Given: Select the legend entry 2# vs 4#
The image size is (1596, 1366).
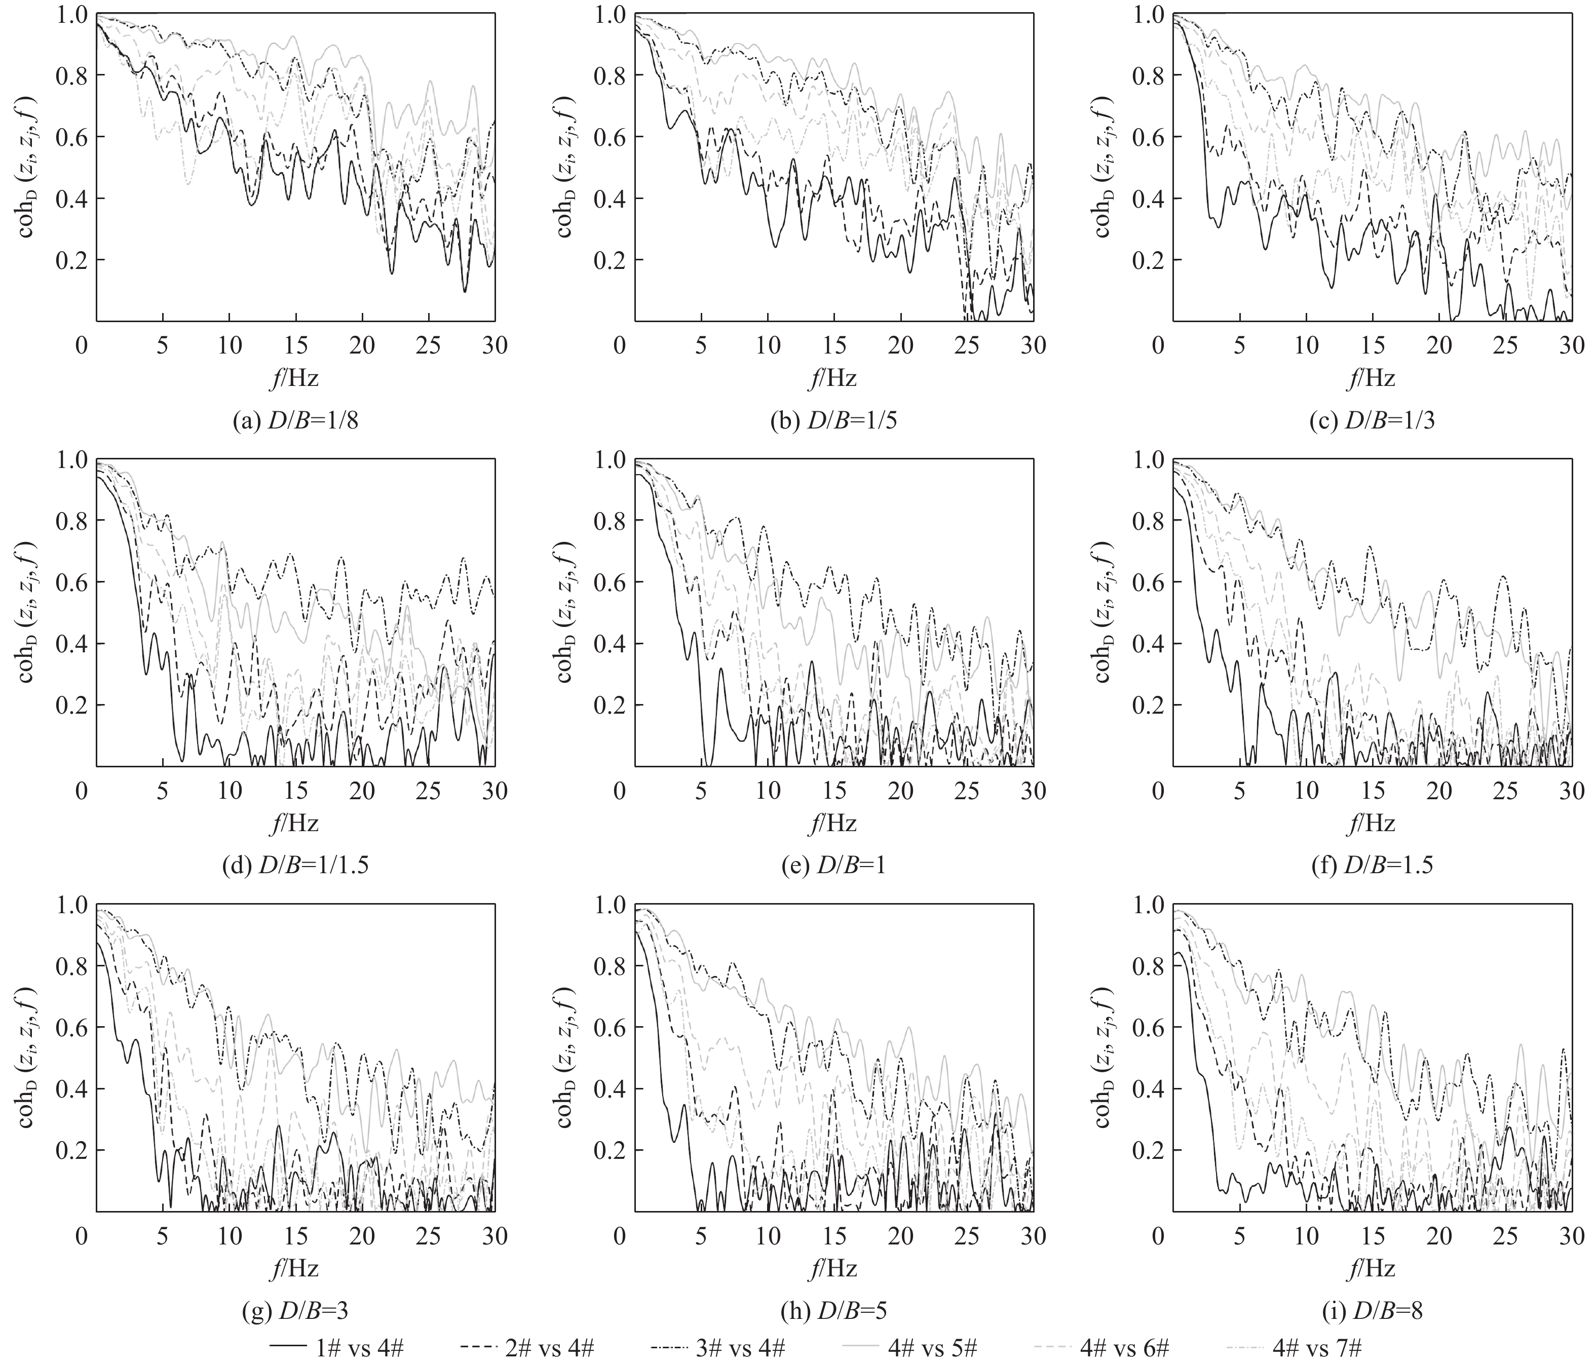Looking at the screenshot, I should pos(527,1348).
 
